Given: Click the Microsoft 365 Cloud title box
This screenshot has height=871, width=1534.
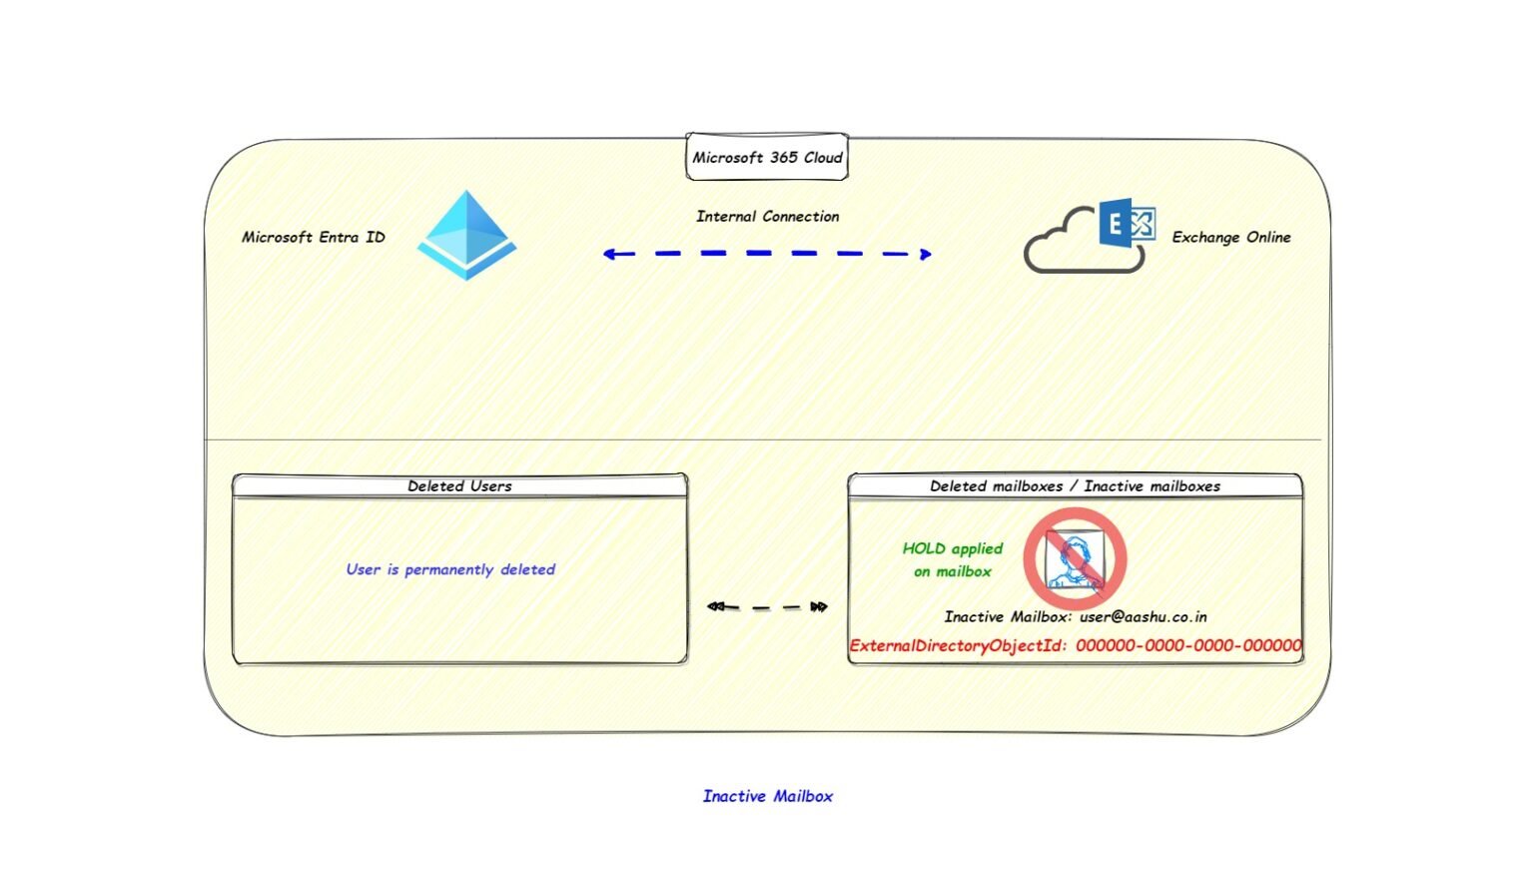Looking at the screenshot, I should (x=767, y=157).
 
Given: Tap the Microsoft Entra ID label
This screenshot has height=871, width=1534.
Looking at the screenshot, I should (x=313, y=237).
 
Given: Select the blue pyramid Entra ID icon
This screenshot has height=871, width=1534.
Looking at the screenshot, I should (x=466, y=235).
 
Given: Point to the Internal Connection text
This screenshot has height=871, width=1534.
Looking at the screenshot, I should (x=767, y=216).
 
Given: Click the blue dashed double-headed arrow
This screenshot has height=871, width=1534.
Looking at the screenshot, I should (x=767, y=254).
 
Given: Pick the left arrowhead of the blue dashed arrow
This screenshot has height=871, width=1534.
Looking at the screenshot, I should (x=608, y=254).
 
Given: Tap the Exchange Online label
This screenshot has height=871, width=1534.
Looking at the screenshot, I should (x=1230, y=237).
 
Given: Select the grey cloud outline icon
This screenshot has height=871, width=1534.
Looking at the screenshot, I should (x=1069, y=245).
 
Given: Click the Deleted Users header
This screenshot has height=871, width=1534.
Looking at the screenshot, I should (x=459, y=485).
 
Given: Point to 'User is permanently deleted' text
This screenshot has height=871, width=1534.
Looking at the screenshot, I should (x=450, y=569).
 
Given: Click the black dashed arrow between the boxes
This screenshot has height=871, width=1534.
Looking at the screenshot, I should (x=767, y=606).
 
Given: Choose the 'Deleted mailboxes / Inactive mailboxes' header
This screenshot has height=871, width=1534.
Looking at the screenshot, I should (x=1075, y=485).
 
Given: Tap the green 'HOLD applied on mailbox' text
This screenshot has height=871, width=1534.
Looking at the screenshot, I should (x=952, y=559).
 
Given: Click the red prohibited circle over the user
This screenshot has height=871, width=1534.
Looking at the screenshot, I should (x=1075, y=559).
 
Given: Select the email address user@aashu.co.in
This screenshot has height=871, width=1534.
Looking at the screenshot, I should (x=1143, y=616).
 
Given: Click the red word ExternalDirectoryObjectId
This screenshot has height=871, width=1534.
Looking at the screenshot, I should (x=957, y=645).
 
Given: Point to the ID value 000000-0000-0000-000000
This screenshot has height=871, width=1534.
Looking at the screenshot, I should (x=1188, y=645).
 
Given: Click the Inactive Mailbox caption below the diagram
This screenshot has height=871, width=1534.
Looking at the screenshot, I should (x=767, y=796).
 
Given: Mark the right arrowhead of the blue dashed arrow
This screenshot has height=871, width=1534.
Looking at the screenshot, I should (x=925, y=254).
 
